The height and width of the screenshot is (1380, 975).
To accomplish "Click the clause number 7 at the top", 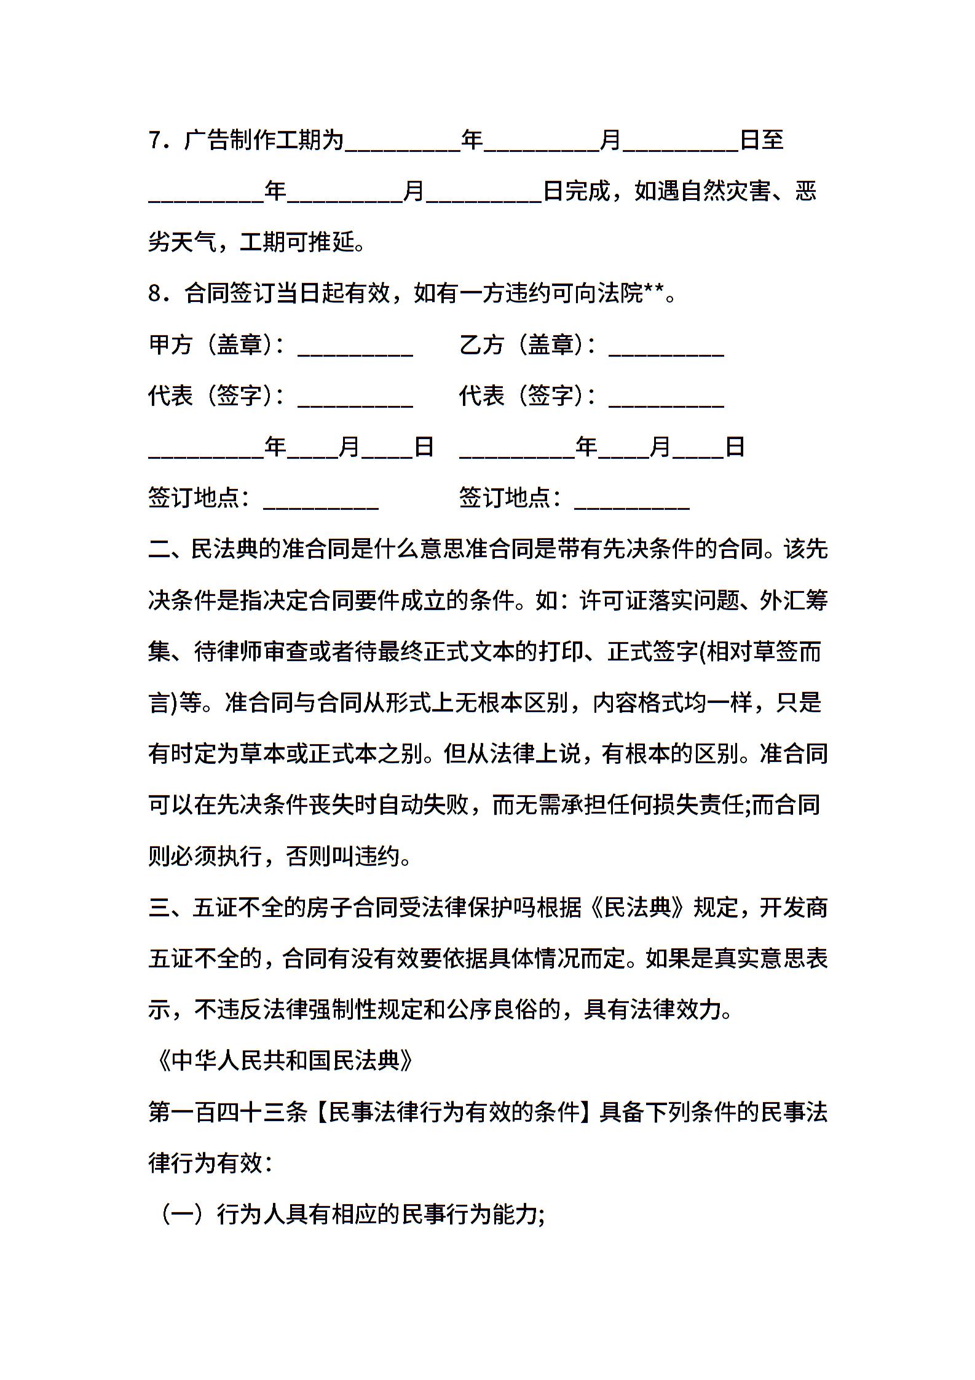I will pos(154,140).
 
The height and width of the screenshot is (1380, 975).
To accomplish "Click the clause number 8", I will pos(154,293).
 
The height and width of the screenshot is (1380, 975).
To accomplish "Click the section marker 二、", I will pos(169,549).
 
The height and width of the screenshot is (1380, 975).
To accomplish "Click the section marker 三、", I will pos(169,907).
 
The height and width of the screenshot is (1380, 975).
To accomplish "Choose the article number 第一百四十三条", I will pos(227,1112).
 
